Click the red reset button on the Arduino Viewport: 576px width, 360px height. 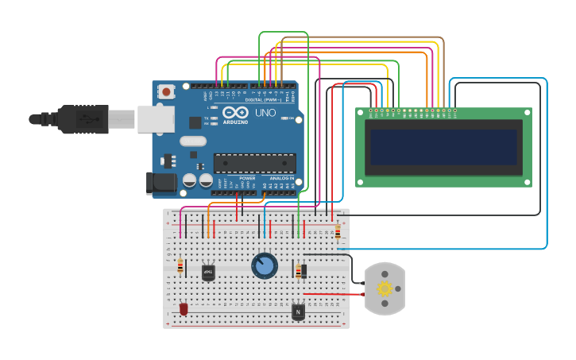tap(166, 92)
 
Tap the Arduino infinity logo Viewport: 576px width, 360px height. tap(234, 112)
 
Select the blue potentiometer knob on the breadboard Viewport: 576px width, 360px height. tap(265, 265)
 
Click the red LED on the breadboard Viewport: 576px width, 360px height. tap(184, 308)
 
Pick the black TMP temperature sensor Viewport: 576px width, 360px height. tap(208, 273)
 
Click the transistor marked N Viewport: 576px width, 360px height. tap(298, 312)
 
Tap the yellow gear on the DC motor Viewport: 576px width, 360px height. tap(385, 288)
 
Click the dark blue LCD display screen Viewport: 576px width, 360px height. tap(443, 148)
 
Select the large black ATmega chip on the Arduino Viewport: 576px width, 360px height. tap(254, 164)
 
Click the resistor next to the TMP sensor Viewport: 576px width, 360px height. tap(180, 267)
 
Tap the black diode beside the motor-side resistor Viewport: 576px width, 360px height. tap(304, 271)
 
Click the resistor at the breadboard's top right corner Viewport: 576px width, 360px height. tap(338, 232)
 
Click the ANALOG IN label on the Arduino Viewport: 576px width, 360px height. tap(281, 178)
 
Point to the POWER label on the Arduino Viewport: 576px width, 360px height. tap(247, 178)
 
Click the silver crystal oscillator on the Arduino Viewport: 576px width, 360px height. tap(192, 141)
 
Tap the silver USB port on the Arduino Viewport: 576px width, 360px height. tap(156, 118)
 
